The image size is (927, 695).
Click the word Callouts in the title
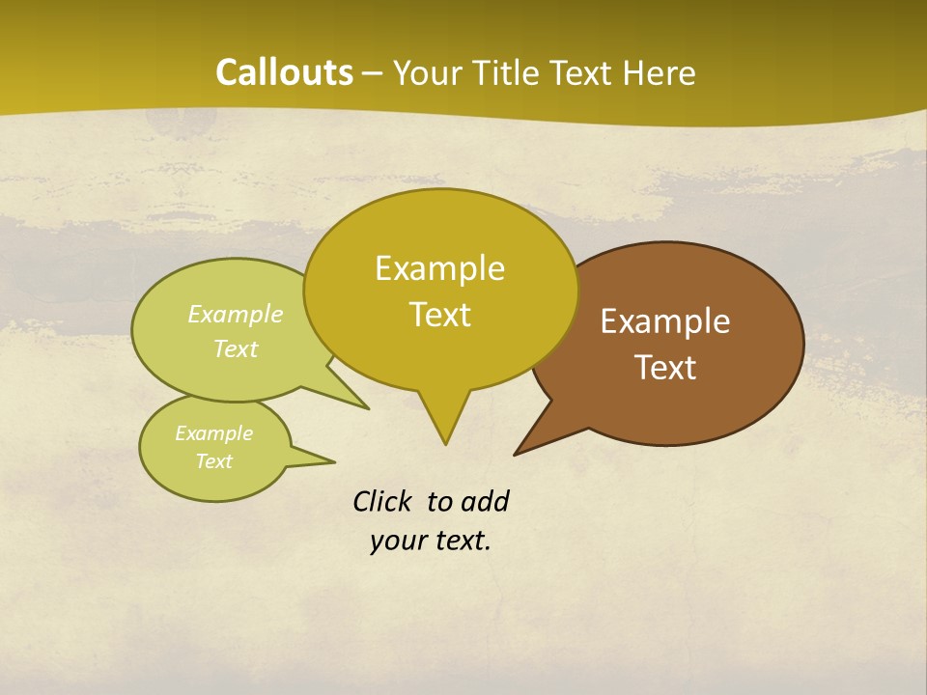(x=284, y=73)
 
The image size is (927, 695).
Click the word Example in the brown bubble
(x=665, y=321)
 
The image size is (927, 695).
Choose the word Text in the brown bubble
(x=665, y=368)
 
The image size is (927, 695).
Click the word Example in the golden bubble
(x=439, y=268)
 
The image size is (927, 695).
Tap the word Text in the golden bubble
(x=439, y=315)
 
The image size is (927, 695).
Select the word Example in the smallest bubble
(x=213, y=433)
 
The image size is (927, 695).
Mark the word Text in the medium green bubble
(x=236, y=349)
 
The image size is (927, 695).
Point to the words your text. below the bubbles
(x=431, y=542)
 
